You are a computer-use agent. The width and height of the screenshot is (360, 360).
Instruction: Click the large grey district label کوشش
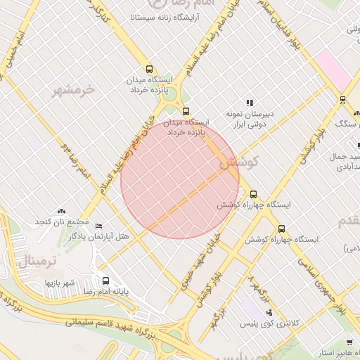tap(240, 162)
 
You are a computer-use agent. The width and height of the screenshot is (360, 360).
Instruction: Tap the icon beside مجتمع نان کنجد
tap(61, 210)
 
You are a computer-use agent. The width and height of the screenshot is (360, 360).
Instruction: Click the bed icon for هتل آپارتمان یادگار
tap(98, 226)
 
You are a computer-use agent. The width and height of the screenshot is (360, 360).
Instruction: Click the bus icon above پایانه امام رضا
tap(105, 280)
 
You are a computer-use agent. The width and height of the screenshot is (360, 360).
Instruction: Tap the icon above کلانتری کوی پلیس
tap(268, 311)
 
